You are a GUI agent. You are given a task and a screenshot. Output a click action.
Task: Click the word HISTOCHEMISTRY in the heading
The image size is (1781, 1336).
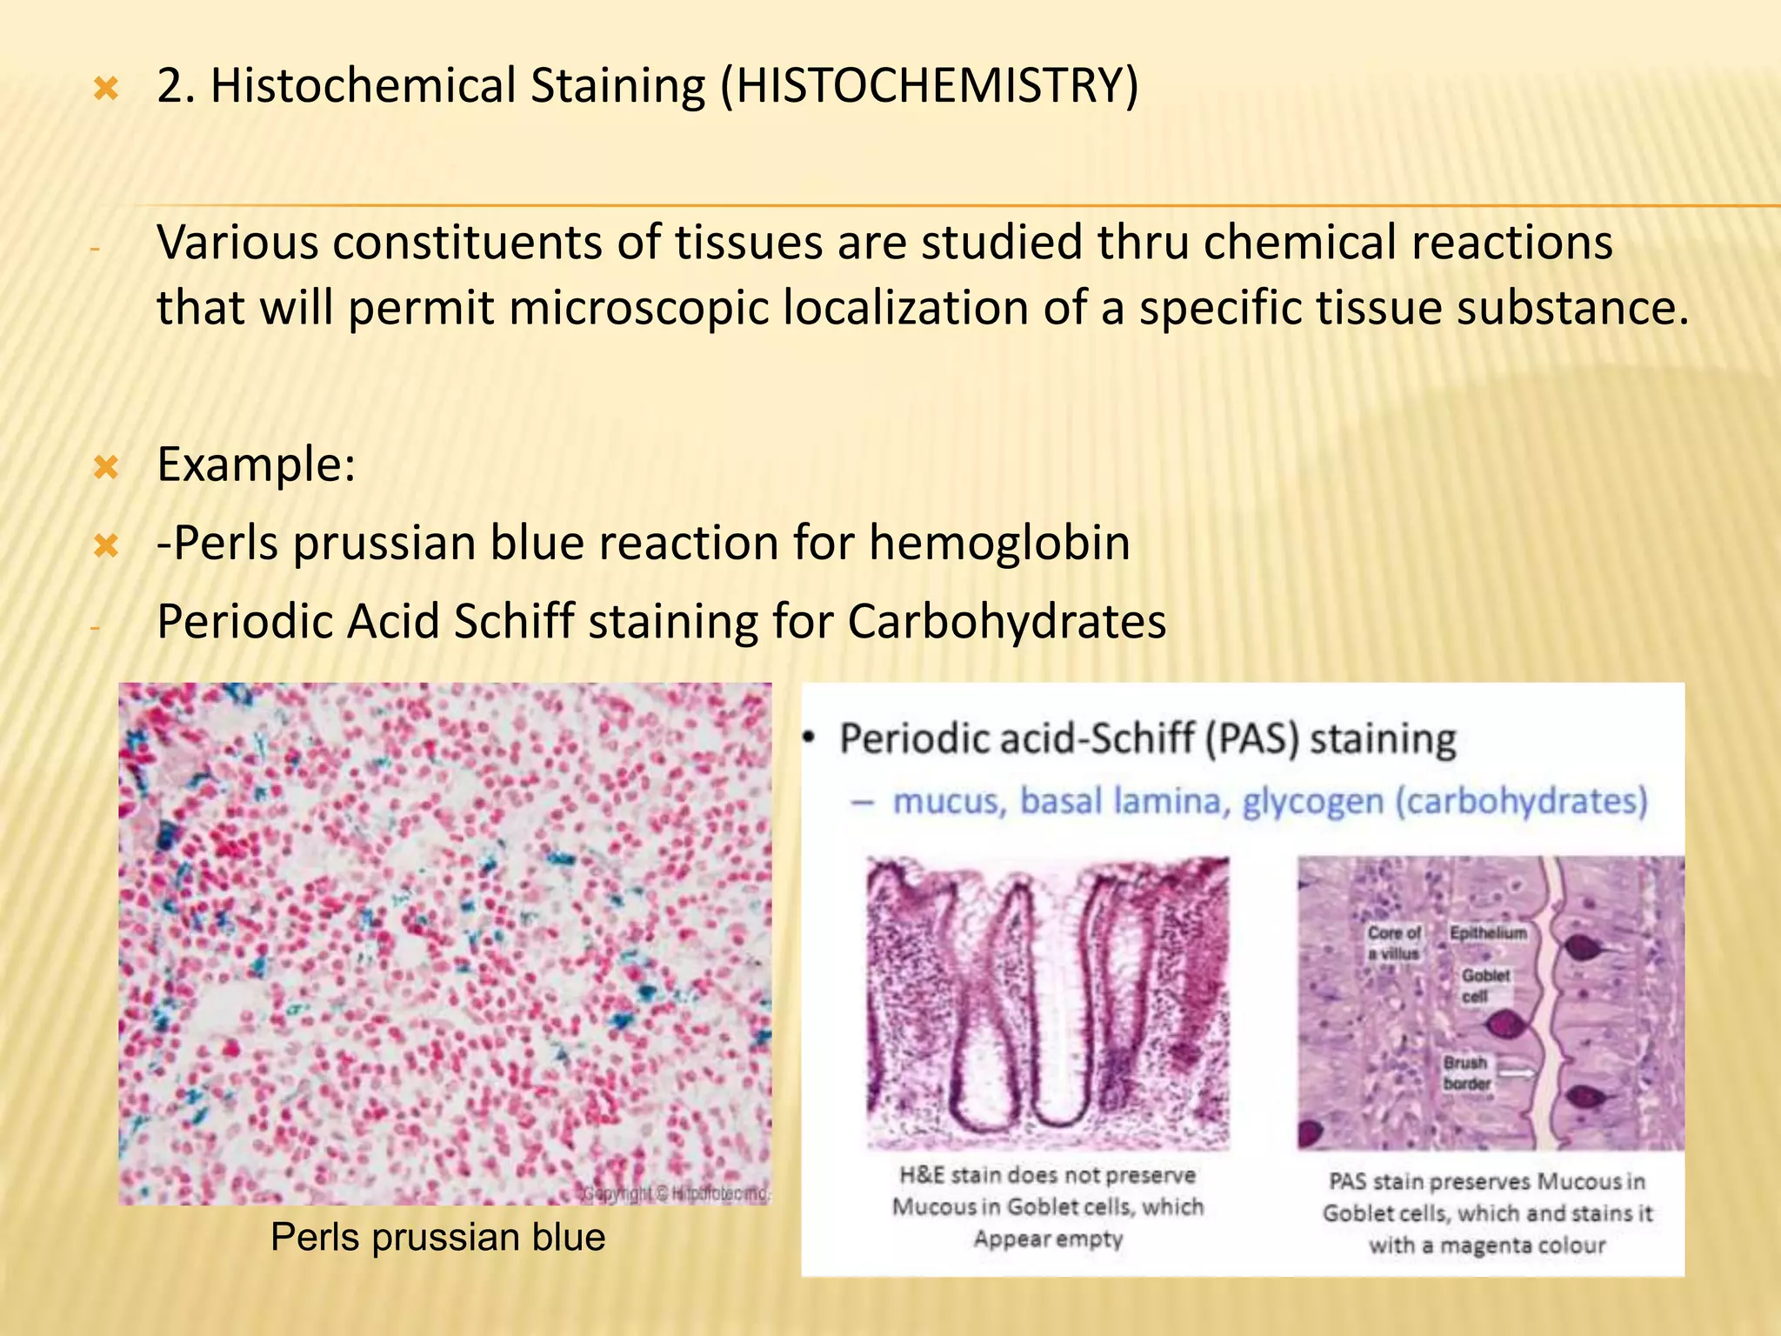[x=930, y=86]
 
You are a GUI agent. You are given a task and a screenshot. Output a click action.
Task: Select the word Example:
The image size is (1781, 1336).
[x=256, y=464]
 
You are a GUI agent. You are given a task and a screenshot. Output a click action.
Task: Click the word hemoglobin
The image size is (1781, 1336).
[x=999, y=543]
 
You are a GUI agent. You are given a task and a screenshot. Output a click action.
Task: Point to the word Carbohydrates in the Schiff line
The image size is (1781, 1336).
[x=1006, y=622]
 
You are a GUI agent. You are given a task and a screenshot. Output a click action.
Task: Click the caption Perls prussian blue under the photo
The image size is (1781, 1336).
[x=437, y=1237]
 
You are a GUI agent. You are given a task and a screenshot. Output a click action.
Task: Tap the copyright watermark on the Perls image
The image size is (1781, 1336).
[x=675, y=1193]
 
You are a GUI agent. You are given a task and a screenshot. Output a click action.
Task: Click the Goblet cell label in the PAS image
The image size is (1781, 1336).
[x=1484, y=985]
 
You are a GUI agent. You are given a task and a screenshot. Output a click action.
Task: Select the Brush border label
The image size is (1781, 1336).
[x=1466, y=1072]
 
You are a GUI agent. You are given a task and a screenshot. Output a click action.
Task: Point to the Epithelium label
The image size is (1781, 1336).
[x=1488, y=932]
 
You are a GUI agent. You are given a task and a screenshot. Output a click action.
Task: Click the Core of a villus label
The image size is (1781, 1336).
[x=1393, y=943]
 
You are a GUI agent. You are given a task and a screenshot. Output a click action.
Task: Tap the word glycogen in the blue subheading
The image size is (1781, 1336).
[x=1312, y=800]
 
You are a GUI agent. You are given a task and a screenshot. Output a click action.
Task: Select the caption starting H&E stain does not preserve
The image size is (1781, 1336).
[x=1047, y=1206]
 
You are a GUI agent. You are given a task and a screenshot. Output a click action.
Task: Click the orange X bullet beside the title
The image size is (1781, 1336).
[x=106, y=88]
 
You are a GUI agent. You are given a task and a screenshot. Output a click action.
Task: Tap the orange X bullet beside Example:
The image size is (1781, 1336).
[x=106, y=468]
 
